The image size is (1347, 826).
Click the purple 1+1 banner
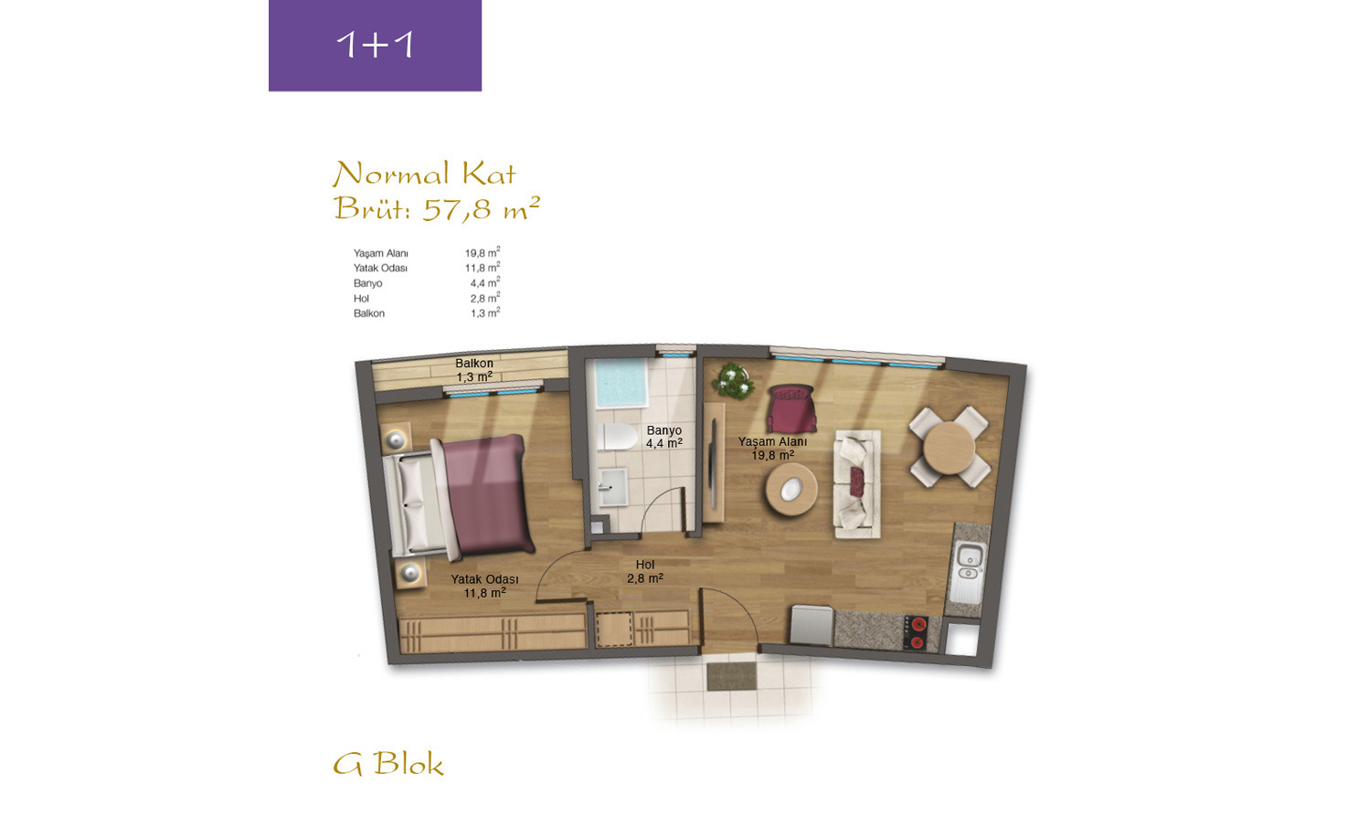click(x=375, y=45)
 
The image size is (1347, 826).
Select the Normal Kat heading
click(x=425, y=174)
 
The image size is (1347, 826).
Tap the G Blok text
click(x=387, y=764)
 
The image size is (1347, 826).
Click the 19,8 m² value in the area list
click(x=483, y=252)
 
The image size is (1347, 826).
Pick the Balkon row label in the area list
click(x=368, y=313)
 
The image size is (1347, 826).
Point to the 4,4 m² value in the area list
click(x=485, y=282)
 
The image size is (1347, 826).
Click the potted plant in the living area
click(x=732, y=380)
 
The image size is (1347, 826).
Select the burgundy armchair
click(x=791, y=408)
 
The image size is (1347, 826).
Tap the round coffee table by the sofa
click(x=790, y=490)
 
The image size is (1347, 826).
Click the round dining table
click(x=949, y=448)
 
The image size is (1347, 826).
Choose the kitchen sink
click(x=968, y=562)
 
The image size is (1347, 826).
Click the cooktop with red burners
click(x=916, y=633)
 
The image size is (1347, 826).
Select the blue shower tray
click(x=621, y=383)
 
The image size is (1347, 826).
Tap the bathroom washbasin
click(x=613, y=488)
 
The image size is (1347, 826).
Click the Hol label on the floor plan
click(x=645, y=565)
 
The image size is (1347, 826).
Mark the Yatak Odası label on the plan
click(x=484, y=579)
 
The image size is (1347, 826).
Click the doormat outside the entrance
click(x=732, y=677)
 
